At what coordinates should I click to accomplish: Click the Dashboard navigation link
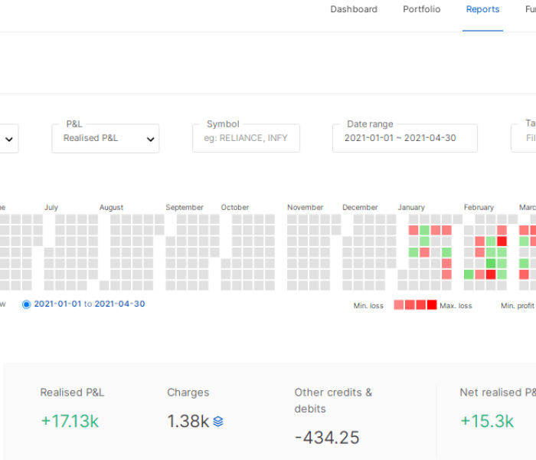[x=354, y=9]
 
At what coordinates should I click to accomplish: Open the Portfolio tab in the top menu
[x=422, y=9]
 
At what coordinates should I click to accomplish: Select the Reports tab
[x=482, y=9]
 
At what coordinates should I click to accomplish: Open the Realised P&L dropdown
[x=106, y=139]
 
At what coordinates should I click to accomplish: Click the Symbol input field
[x=246, y=139]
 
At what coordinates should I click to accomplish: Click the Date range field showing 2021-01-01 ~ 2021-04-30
[x=404, y=139]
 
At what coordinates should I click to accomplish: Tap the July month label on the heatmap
[x=51, y=208]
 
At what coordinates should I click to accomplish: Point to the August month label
[x=111, y=208]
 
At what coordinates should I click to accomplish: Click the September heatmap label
[x=185, y=208]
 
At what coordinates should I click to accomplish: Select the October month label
[x=235, y=208]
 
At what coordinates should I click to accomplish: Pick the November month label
[x=306, y=208]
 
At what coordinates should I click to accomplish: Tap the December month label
[x=360, y=208]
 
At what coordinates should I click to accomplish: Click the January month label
[x=411, y=208]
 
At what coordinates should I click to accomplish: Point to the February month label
[x=479, y=208]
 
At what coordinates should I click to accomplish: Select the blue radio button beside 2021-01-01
[x=27, y=304]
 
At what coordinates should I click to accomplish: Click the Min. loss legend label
[x=369, y=306]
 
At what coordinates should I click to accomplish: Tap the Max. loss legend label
[x=456, y=306]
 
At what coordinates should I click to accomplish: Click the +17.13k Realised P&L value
[x=70, y=421]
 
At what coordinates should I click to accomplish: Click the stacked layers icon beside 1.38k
[x=218, y=421]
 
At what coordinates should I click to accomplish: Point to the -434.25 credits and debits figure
[x=327, y=438]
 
